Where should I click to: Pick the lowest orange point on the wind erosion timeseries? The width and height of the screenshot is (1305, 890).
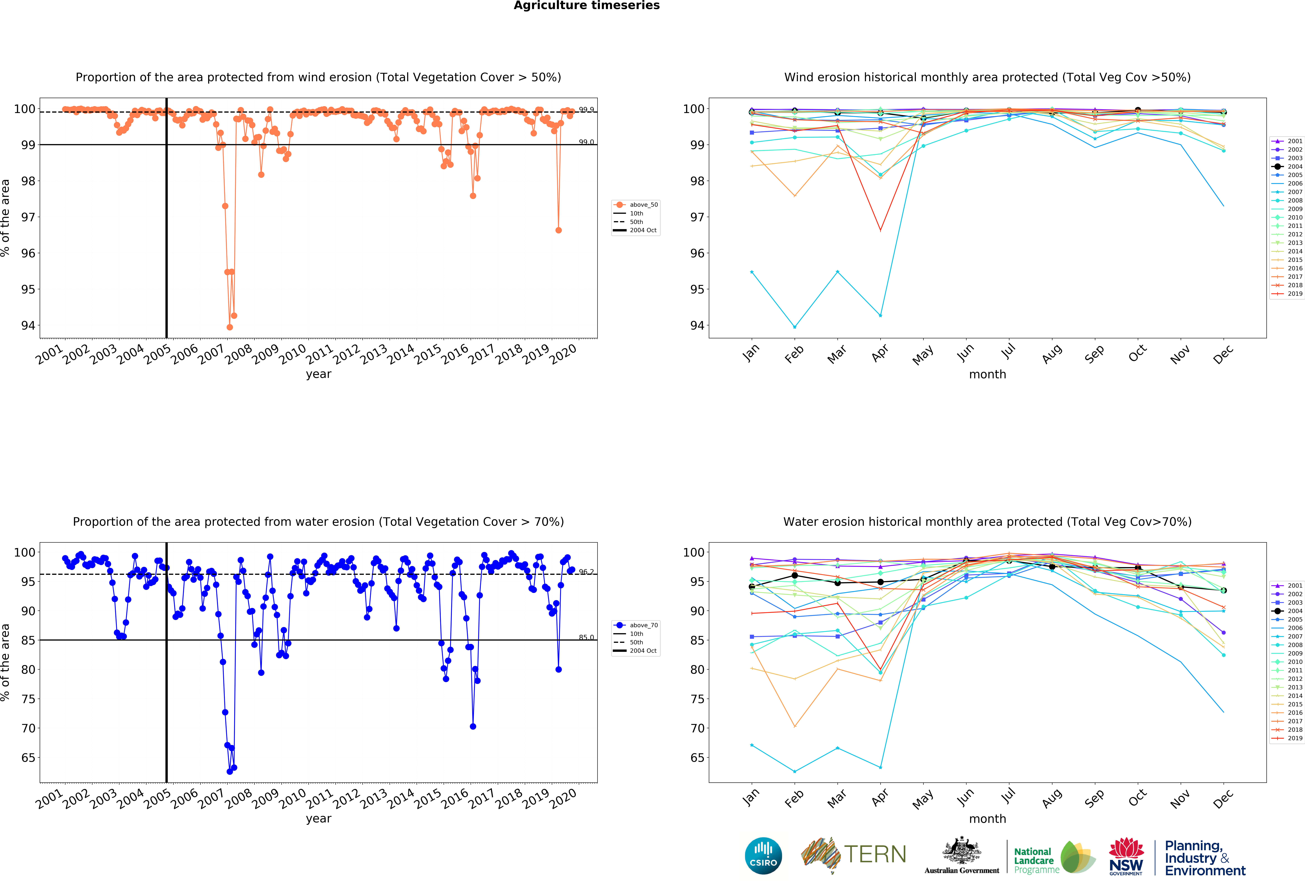click(x=230, y=327)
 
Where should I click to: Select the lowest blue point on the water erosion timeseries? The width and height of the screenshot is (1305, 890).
click(x=230, y=771)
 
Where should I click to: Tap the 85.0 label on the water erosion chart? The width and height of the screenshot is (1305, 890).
click(x=586, y=637)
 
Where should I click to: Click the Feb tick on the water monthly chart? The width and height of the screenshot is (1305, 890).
click(x=794, y=798)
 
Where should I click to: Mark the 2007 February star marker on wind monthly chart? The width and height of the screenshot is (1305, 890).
click(x=795, y=327)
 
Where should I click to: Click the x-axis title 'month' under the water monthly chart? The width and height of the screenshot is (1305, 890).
click(x=987, y=819)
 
